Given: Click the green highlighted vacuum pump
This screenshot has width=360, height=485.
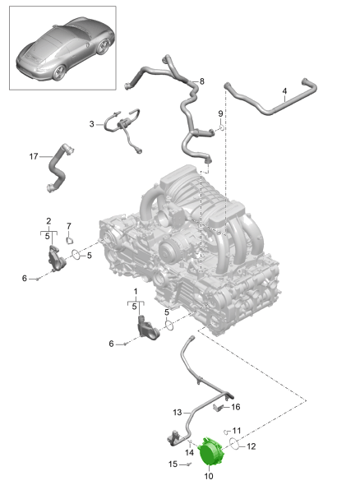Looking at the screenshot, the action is (210, 450).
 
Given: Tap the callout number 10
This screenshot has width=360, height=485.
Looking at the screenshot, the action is (209, 476).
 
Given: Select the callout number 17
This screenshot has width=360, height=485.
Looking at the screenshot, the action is (34, 156).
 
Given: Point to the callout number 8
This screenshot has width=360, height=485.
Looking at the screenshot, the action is (202, 81).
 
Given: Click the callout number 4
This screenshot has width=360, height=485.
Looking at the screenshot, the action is (284, 91).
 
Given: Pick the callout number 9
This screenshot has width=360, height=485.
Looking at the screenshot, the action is (220, 113).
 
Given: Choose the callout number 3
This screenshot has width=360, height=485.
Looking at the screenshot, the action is (91, 124).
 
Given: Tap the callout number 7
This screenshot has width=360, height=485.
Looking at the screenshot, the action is (69, 226).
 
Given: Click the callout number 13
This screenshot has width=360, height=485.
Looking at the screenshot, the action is (178, 413).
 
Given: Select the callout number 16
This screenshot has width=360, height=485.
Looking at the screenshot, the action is (236, 407).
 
